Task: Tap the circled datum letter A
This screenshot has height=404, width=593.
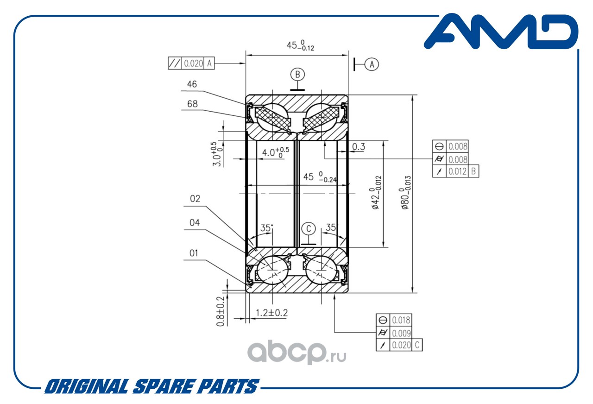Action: (x=372, y=64)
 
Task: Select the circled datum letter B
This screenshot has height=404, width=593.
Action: (x=298, y=74)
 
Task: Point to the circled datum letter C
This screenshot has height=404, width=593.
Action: (x=308, y=228)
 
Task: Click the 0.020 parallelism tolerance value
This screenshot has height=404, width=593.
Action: (x=193, y=63)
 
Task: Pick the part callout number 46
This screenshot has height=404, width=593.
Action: (x=192, y=84)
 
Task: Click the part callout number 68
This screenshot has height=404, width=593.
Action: (x=192, y=104)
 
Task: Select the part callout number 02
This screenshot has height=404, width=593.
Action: (x=195, y=199)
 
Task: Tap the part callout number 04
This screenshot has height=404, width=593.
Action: (x=194, y=222)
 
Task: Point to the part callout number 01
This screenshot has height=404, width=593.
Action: (x=194, y=253)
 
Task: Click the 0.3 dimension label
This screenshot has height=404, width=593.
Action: (x=359, y=147)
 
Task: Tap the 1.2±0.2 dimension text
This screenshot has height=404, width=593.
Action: (x=271, y=313)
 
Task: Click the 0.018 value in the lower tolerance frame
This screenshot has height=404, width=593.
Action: (x=401, y=320)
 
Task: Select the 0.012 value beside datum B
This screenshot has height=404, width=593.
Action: (x=457, y=172)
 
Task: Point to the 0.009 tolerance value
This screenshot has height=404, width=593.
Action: (x=401, y=333)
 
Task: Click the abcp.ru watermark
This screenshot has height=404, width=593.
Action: (x=296, y=353)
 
